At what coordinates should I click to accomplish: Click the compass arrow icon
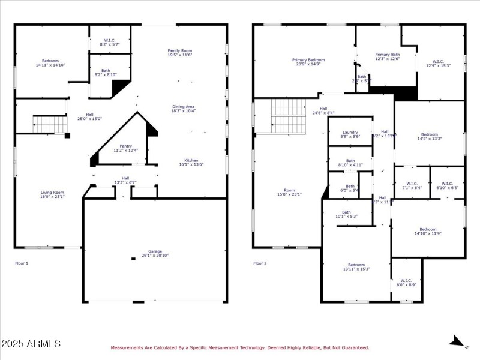[456, 342]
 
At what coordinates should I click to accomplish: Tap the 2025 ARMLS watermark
[31, 344]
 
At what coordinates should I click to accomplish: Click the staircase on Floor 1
[47, 125]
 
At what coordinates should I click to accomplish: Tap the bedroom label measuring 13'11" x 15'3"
[356, 266]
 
